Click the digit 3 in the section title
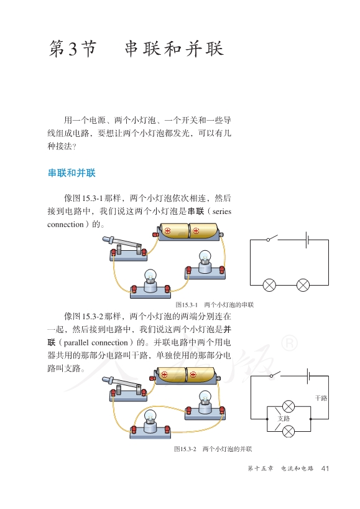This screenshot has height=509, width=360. coord(73,49)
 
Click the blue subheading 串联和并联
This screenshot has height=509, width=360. coord(72,173)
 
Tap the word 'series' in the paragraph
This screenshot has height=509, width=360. coord(222,212)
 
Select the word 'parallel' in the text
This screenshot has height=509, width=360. coord(76,343)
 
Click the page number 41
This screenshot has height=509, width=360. coord(325,469)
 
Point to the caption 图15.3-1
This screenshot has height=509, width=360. coord(187,305)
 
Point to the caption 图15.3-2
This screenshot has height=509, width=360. coord(185,449)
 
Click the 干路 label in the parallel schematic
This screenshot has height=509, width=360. coord(321,398)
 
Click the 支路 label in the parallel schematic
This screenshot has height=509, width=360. coord(284,419)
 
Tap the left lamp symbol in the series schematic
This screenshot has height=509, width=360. coord(269,286)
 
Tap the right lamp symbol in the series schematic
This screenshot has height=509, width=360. coord(303,286)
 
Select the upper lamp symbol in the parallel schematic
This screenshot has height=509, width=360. coord(288,406)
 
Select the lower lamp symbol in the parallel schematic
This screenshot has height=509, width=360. coord(288,432)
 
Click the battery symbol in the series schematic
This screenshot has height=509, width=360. coord(307,240)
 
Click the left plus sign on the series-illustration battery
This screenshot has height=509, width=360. coord(167,231)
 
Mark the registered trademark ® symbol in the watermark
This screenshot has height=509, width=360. coord(289,343)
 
